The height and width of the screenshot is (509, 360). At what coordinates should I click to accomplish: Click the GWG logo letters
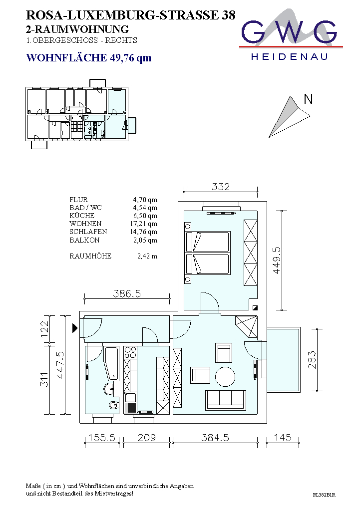coord(289,32)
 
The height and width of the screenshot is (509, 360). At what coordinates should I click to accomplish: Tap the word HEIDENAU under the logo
coord(290,57)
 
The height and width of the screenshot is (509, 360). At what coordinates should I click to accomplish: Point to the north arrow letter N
coord(308,99)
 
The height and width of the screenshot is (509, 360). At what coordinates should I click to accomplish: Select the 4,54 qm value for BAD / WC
coord(145,208)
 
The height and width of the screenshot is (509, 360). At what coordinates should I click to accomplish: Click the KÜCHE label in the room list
coord(82,216)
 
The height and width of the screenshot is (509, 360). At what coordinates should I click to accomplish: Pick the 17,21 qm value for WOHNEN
coord(144,224)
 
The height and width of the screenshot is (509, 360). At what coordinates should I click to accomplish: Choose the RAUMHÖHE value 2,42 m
coord(147,256)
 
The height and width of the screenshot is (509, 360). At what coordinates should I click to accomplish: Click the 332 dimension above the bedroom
coord(221,187)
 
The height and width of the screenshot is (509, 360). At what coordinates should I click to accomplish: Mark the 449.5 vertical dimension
coord(276,260)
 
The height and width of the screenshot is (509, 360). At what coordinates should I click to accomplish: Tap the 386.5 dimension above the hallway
coord(127,294)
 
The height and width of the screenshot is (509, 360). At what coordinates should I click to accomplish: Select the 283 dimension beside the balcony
coord(312,360)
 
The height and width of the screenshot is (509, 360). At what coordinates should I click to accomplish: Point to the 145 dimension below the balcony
coord(283,438)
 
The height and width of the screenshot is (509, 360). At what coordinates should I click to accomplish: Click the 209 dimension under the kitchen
coord(147,438)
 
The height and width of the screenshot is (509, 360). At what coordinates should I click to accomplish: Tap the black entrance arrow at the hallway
coord(75,328)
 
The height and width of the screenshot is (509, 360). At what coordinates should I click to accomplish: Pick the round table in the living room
coord(225,377)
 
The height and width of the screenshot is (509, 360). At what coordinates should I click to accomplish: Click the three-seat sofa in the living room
coord(226,400)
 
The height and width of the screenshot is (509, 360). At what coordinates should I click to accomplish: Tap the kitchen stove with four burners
coord(130,352)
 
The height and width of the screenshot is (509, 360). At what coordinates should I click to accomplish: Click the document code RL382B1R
coord(324,495)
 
